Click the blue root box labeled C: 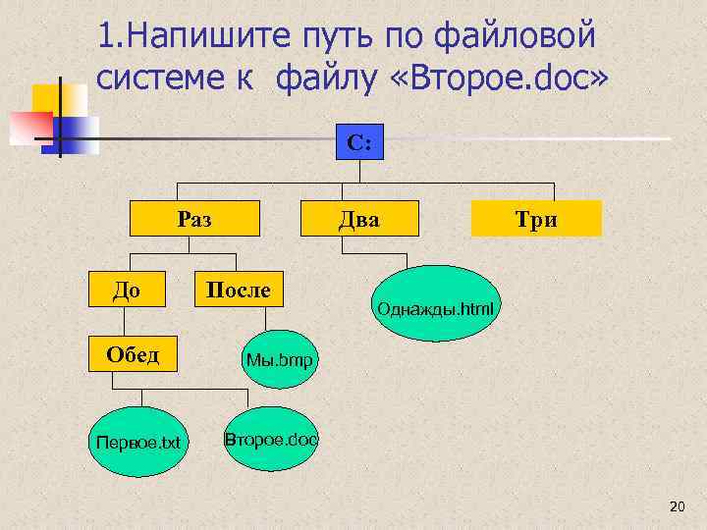[x=358, y=142]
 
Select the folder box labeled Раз [x=195, y=220]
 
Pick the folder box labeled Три [x=536, y=220]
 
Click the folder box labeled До [x=127, y=289]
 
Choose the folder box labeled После [x=237, y=289]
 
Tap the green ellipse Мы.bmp [x=279, y=361]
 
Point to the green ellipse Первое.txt [x=136, y=442]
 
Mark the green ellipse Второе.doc [x=271, y=439]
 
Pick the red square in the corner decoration [x=29, y=127]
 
